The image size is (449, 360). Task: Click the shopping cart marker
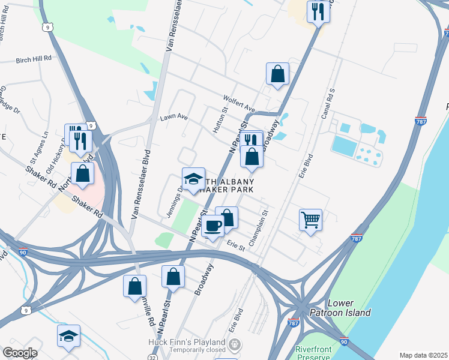pyautogui.click(x=310, y=220)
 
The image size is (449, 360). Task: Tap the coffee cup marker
pyautogui.click(x=212, y=226)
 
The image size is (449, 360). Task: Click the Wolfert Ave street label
pyautogui.click(x=239, y=104)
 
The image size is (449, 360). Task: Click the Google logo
pyautogui.click(x=20, y=353)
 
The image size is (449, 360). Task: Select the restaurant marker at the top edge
pyautogui.click(x=318, y=11)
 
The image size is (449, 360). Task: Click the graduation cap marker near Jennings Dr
pyautogui.click(x=193, y=179)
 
